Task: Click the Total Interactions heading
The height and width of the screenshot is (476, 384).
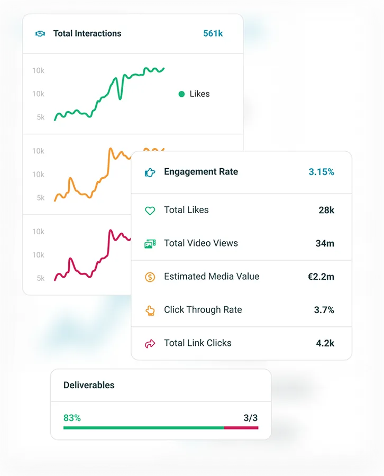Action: pos(87,33)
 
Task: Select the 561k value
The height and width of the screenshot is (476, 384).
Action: pos(213,33)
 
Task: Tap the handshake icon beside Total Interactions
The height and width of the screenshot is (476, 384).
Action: pos(40,33)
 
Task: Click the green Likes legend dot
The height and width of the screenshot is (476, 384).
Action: pos(181,94)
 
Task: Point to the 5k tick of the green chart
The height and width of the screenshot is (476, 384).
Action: pos(41,117)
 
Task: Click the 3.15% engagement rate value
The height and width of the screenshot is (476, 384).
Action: pos(321,172)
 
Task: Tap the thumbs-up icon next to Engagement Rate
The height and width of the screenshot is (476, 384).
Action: pos(150,172)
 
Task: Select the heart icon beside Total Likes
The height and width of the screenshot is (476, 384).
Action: pos(150,210)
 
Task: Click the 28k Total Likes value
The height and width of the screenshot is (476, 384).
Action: pos(326,210)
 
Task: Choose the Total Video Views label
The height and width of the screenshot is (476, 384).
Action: pos(200,243)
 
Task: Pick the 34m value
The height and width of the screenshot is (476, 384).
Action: pos(325,243)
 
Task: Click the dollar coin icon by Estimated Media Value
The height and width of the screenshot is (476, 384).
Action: pos(150,277)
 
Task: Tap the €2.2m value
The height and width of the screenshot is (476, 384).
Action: pos(321,277)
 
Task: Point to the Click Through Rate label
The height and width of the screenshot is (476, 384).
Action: pos(203,310)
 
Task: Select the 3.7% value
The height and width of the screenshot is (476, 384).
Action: pos(324,310)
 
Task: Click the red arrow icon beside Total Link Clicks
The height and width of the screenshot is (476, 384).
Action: pos(150,344)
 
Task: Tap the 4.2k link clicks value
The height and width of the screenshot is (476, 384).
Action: pos(325,343)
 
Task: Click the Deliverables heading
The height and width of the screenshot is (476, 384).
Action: pos(89,385)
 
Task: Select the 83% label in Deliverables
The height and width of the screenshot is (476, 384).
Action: pos(72,418)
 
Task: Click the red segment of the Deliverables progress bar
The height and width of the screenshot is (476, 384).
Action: pos(241,427)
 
